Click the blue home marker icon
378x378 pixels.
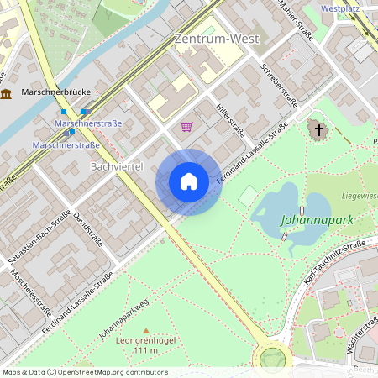pos(188,181)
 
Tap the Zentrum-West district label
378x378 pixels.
pos(216,39)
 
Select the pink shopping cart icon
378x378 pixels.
pos(186,127)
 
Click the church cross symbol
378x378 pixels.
pos(318,129)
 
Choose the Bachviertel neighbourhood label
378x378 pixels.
pos(116,167)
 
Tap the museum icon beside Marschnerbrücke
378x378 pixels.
pos(7,93)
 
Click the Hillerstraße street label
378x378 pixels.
pos(230,119)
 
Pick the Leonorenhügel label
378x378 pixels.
pos(146,341)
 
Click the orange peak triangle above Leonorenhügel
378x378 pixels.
pos(146,330)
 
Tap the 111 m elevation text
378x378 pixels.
pos(146,350)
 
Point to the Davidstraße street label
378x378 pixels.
pos(88,228)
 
